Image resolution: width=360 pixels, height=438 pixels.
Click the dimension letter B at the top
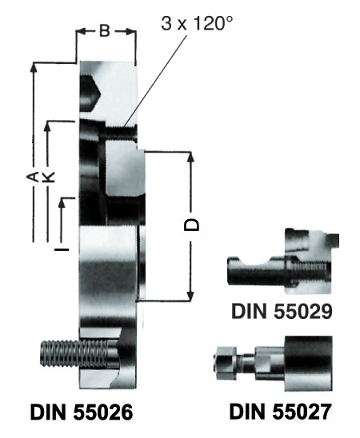point(105,31)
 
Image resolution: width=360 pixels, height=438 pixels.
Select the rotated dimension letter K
point(48,177)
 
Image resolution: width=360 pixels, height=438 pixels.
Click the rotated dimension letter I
point(62,249)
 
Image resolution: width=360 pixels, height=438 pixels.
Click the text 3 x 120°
point(197,23)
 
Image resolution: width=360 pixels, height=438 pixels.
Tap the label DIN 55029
point(282,312)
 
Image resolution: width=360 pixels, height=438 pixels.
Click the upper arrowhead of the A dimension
point(34,67)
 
